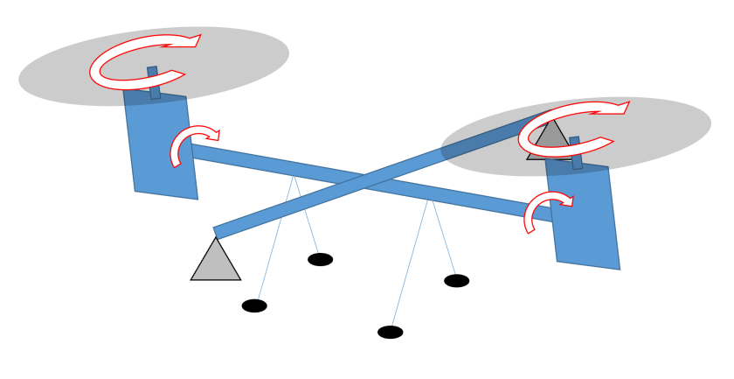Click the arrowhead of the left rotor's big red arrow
(191, 41)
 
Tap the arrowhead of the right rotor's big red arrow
(619, 108)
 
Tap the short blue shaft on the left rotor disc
(154, 82)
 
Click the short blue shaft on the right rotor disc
(576, 152)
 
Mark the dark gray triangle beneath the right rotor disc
(550, 137)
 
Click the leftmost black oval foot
(254, 305)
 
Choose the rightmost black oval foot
(456, 281)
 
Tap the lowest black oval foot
(390, 332)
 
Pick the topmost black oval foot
(320, 259)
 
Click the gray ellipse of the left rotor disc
(79, 70)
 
